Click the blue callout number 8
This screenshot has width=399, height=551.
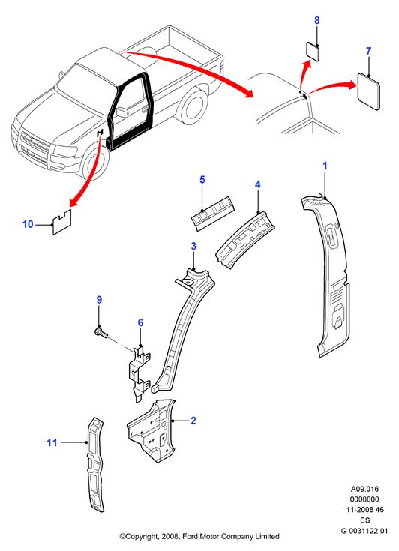click(316, 20)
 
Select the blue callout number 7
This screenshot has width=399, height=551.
click(368, 51)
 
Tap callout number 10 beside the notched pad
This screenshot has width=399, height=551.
click(28, 224)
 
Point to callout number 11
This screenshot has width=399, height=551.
click(52, 442)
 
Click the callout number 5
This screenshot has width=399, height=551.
click(202, 180)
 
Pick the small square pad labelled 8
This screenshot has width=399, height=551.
click(313, 52)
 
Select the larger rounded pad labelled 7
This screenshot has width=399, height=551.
click(369, 91)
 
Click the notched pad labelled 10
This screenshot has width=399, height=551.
click(62, 223)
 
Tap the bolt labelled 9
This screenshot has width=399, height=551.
click(101, 331)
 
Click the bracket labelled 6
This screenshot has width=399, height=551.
click(139, 373)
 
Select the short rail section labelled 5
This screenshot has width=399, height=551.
click(213, 213)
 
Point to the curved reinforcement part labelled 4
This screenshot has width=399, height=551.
click(245, 240)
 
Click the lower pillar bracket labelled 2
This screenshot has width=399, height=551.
click(151, 430)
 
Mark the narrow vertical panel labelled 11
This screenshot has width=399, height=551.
click(95, 464)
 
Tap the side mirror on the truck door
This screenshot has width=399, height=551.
click(122, 112)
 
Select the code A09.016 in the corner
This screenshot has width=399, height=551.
click(365, 489)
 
